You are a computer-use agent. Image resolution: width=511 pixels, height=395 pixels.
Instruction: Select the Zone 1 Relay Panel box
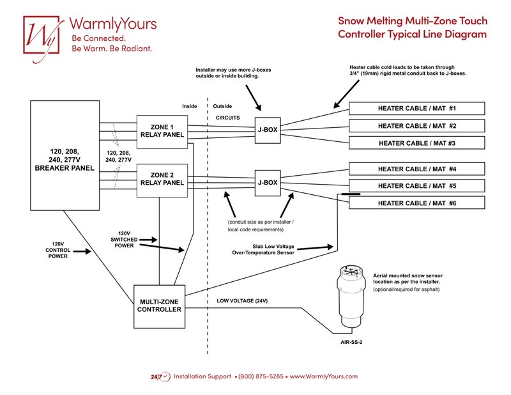162,130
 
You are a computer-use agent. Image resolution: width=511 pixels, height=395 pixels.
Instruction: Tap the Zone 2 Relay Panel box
162,178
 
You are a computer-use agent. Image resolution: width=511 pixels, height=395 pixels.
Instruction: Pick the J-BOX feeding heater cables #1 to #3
268,130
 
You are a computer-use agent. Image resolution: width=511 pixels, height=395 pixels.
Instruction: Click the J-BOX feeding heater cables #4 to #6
268,182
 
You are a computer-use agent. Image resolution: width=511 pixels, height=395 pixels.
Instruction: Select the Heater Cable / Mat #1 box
416,108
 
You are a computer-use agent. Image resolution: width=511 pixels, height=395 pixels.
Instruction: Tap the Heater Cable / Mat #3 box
416,143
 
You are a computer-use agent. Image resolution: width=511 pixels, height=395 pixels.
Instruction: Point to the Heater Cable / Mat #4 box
416,169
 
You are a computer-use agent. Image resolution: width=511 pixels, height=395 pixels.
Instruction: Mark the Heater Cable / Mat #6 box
416,203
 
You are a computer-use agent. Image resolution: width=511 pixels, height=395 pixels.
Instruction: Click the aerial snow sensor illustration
350,297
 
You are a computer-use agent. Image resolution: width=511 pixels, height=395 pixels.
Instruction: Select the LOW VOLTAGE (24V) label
242,300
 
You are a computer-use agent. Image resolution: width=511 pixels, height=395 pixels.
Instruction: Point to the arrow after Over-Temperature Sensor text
317,247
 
